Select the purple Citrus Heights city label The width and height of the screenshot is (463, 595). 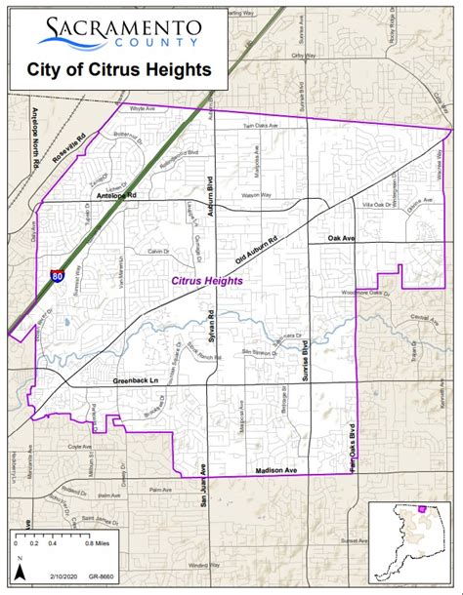coord(206,281)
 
